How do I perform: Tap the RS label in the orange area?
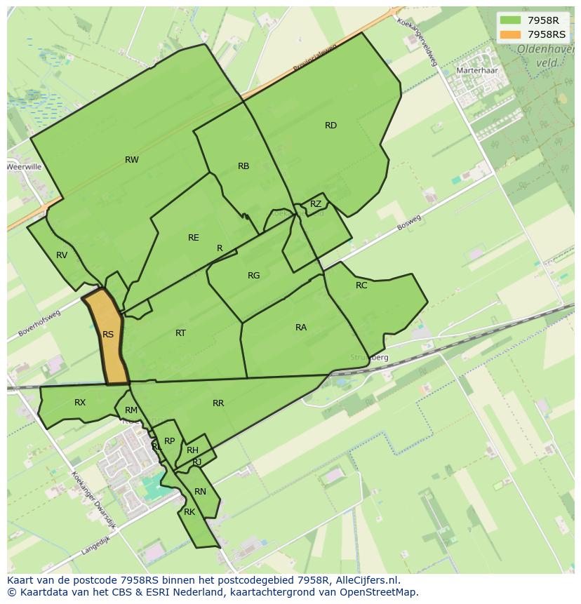(x=108, y=335)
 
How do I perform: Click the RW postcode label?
(x=132, y=160)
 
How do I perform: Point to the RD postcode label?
(x=330, y=126)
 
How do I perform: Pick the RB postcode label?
(x=243, y=166)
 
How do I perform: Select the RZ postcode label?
(x=316, y=204)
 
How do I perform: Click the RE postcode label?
(x=194, y=238)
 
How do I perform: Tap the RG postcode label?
(x=254, y=276)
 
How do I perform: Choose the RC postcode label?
(x=361, y=286)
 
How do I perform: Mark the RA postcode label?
(x=301, y=328)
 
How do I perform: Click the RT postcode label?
(x=181, y=333)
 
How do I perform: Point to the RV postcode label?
(x=62, y=255)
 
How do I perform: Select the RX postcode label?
(x=80, y=403)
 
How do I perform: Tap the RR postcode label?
(x=218, y=403)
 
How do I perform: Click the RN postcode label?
(x=201, y=492)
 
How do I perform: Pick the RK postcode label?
(x=189, y=512)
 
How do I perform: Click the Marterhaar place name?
(x=476, y=71)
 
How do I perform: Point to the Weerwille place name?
(x=25, y=167)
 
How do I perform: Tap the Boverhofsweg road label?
(x=40, y=323)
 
